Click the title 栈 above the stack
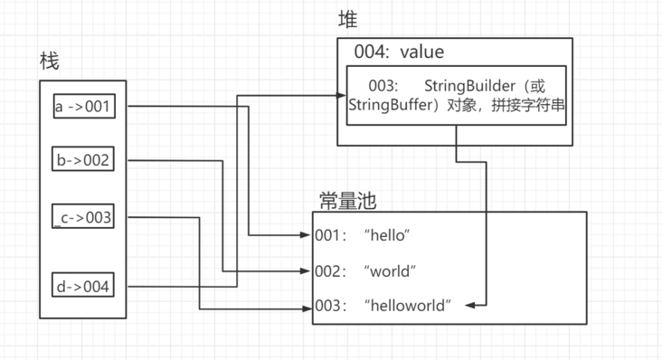click(x=51, y=61)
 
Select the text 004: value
click(x=399, y=52)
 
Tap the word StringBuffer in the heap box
click(x=387, y=105)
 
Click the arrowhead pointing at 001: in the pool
click(x=307, y=235)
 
